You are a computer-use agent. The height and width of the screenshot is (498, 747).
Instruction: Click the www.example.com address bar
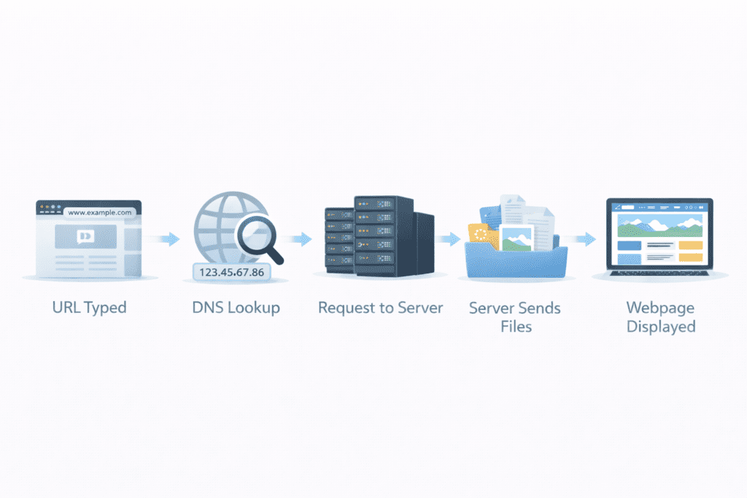pos(98,212)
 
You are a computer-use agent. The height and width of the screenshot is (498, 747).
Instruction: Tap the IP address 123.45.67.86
pos(230,271)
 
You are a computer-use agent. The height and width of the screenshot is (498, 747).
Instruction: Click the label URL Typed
pos(89,307)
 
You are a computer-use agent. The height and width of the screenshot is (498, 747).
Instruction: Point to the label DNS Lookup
pos(236,307)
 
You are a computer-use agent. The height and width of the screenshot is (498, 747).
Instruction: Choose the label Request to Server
pos(380,307)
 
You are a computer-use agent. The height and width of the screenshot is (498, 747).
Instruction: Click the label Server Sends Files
pos(515,316)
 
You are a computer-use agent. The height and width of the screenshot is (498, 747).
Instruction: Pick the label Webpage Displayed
pos(660,316)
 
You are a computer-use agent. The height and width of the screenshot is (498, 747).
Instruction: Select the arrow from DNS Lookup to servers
pos(299,238)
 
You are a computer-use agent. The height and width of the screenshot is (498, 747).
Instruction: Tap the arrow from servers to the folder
pos(448,238)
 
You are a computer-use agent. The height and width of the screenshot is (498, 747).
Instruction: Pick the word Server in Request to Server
pos(419,307)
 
